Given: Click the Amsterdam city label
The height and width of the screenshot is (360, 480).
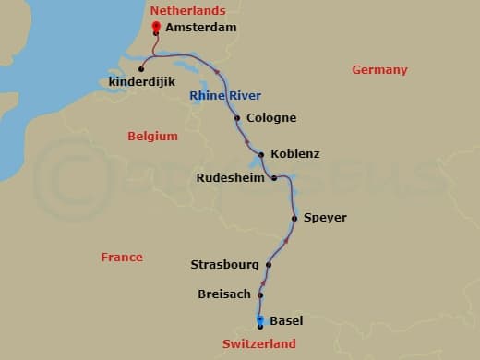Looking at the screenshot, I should pyautogui.click(x=201, y=28).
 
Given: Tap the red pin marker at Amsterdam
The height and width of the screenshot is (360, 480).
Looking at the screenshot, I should pyautogui.click(x=156, y=26).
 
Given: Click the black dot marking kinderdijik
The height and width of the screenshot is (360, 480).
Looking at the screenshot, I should pyautogui.click(x=141, y=68).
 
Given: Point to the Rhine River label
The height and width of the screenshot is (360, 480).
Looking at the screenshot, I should pyautogui.click(x=225, y=96).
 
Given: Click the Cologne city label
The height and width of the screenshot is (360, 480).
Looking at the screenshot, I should pyautogui.click(x=271, y=118).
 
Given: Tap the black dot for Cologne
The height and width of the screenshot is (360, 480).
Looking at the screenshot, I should pyautogui.click(x=238, y=118).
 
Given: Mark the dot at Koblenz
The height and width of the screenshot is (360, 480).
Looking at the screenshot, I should pyautogui.click(x=262, y=154).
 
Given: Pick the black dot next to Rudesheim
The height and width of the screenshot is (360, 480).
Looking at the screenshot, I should pyautogui.click(x=274, y=178).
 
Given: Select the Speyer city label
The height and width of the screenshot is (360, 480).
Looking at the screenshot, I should pyautogui.click(x=325, y=218).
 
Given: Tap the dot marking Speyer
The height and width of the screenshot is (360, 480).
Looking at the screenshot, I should pyautogui.click(x=294, y=219).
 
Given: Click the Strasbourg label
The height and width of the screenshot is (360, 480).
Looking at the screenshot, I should pyautogui.click(x=224, y=265).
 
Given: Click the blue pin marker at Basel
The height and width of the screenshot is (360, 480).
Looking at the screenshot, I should pyautogui.click(x=260, y=319).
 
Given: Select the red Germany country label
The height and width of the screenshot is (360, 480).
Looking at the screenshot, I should pyautogui.click(x=379, y=70).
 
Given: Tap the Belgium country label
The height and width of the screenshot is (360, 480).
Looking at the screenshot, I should pyautogui.click(x=152, y=137).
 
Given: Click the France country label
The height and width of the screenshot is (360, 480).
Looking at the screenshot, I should pyautogui.click(x=122, y=258).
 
